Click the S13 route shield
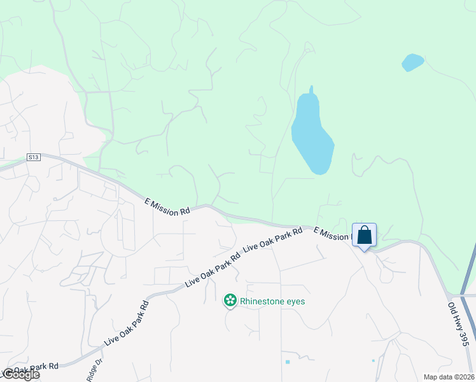pos(34,157)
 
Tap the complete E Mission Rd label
pos(167,206)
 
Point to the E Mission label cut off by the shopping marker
pos(332,234)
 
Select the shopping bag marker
pos(364,235)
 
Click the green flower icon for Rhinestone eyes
pos(230,301)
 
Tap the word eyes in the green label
pos(295,301)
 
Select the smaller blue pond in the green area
pos(412,62)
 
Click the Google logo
pos(21,374)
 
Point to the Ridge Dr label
pos(94,371)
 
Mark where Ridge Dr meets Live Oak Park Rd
pos(102,349)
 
